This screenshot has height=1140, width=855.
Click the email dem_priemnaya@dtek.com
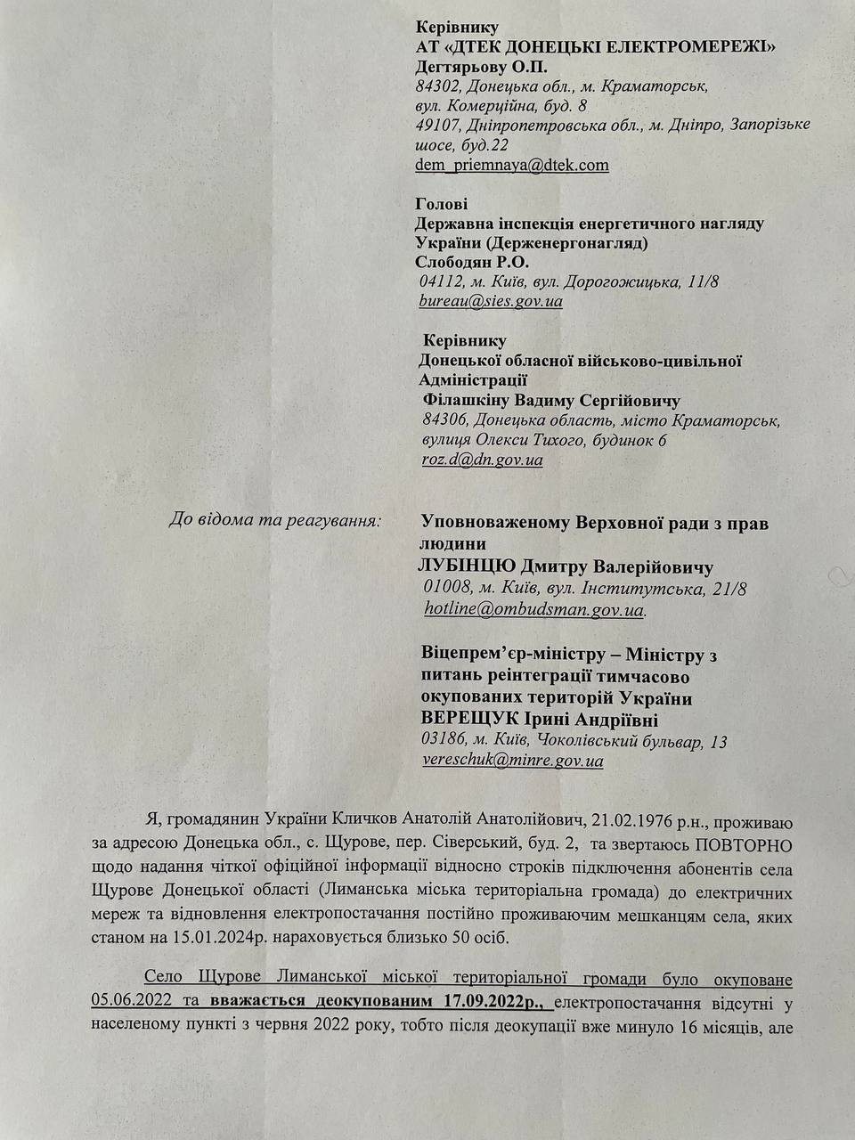512,165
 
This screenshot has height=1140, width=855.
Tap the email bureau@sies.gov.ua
491,301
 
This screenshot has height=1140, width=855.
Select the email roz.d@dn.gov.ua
482,460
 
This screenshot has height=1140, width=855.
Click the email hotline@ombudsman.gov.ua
534,610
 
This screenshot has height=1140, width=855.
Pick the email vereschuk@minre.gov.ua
512,761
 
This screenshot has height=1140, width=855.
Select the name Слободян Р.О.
472,262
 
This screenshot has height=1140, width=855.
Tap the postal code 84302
436,87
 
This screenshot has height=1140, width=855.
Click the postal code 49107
437,126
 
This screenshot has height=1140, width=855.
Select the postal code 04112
440,281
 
